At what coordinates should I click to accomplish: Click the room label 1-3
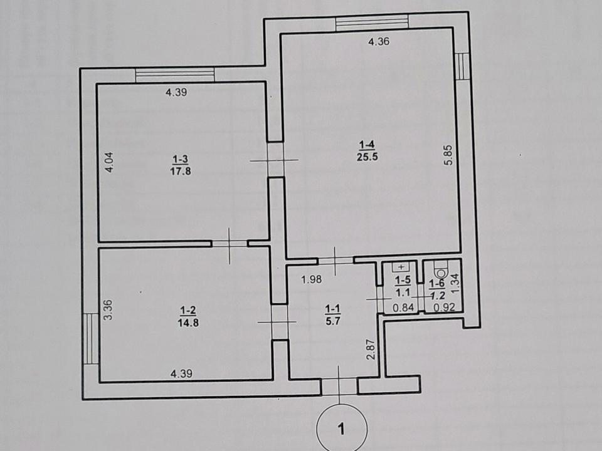click(181, 158)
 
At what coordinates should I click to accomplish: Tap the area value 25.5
click(367, 157)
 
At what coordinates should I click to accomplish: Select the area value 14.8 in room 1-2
click(188, 323)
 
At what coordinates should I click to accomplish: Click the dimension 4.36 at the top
click(379, 41)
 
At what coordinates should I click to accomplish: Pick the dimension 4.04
click(109, 162)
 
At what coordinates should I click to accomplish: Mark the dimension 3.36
click(108, 310)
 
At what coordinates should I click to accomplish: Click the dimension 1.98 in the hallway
click(312, 279)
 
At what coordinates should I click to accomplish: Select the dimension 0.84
click(403, 307)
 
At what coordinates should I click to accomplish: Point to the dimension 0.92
click(444, 307)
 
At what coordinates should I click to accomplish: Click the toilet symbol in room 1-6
click(440, 269)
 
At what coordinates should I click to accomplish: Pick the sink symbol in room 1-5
click(401, 267)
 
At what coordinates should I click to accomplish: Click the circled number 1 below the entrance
click(341, 428)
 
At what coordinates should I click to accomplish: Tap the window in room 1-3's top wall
click(175, 75)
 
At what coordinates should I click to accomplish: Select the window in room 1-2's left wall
click(90, 338)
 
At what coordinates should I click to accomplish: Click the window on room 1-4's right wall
click(462, 66)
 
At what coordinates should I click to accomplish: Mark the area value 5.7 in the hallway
click(333, 321)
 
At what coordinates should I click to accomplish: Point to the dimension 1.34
click(455, 283)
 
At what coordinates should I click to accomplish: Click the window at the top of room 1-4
click(372, 21)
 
